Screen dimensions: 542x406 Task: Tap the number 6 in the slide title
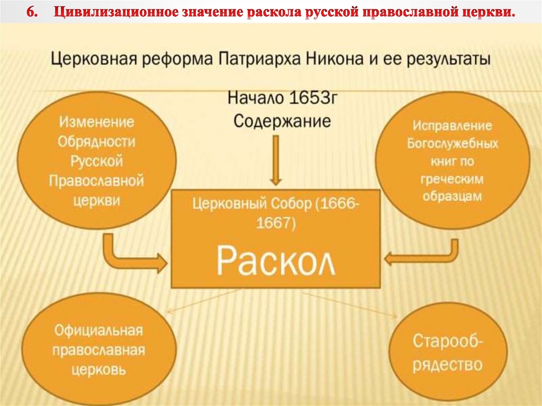(x=31, y=12)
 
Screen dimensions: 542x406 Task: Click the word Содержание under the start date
(x=282, y=121)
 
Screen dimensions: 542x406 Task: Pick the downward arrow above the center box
(x=275, y=161)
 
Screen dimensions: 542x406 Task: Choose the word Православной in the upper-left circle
(x=96, y=181)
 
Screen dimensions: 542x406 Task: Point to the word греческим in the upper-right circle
(x=452, y=179)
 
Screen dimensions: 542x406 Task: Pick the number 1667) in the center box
(x=275, y=224)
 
